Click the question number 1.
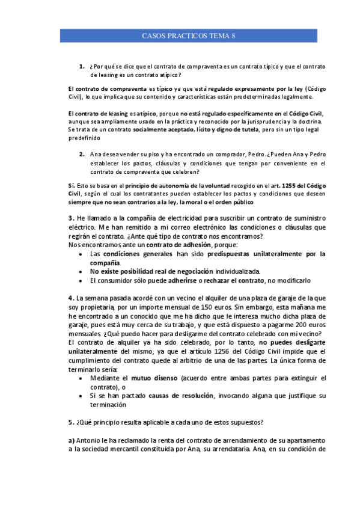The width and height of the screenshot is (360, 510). click(81, 66)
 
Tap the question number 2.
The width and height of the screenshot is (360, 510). click(81, 154)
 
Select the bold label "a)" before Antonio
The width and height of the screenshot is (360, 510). click(72, 440)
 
